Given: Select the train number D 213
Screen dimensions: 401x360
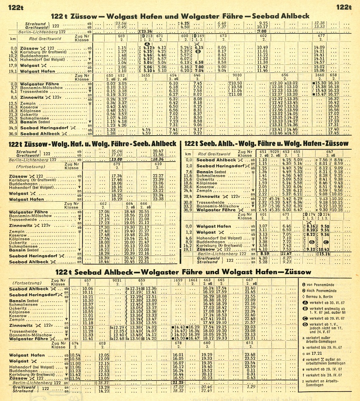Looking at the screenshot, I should point(147,36).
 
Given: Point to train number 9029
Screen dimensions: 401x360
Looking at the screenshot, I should point(275,151).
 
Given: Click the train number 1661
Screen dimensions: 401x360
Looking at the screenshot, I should point(193,280).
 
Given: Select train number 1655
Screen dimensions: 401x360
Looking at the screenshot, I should point(146,75).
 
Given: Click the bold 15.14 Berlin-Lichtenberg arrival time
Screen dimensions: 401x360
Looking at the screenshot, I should point(325,253).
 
